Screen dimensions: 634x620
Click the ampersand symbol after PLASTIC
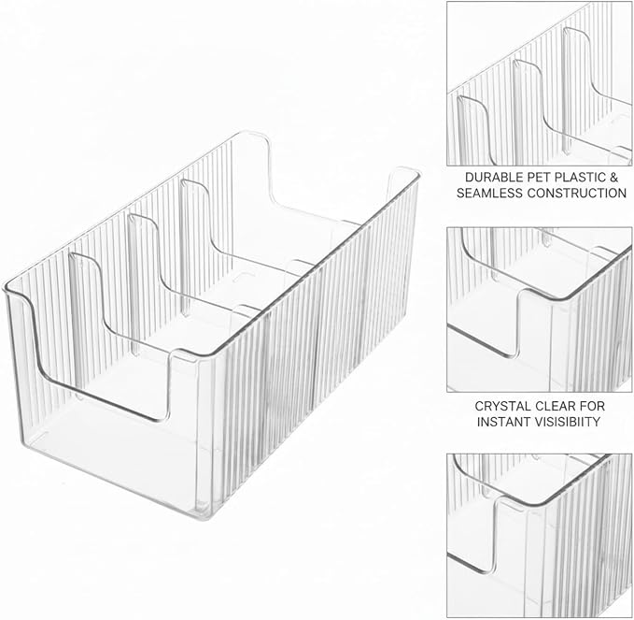[614, 178]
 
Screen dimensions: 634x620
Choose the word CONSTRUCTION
[577, 194]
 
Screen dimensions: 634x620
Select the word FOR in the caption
[592, 406]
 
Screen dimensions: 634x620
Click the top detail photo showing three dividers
[540, 83]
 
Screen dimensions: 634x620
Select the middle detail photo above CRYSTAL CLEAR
[540, 310]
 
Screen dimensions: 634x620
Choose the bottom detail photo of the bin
[540, 535]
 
